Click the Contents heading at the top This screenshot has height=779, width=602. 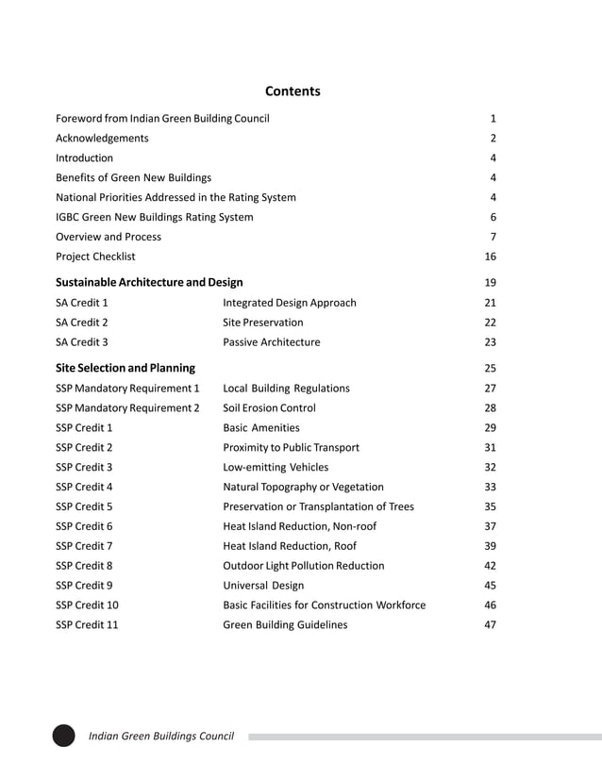point(293,91)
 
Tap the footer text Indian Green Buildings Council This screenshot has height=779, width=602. point(160,737)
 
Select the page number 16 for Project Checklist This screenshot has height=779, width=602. point(490,257)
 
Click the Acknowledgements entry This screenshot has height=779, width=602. point(102,139)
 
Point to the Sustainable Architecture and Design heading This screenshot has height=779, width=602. point(149,282)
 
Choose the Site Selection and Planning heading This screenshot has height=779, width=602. point(125,368)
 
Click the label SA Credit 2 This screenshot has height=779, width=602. point(82,323)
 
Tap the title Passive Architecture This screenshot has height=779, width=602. point(271,342)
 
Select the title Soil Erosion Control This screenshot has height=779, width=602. point(269,408)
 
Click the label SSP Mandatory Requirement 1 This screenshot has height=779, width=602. point(127,389)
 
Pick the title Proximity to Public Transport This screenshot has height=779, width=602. point(291,448)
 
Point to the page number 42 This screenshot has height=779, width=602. point(490,566)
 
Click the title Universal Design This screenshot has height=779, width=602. point(263,586)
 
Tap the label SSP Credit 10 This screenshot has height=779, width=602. point(87,605)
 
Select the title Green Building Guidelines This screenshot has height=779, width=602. point(285,625)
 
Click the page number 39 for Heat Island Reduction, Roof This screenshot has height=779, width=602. point(490,546)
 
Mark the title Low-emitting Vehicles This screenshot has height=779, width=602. point(276,468)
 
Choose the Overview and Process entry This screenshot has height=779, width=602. point(109,237)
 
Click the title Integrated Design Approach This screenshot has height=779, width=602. point(290,303)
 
